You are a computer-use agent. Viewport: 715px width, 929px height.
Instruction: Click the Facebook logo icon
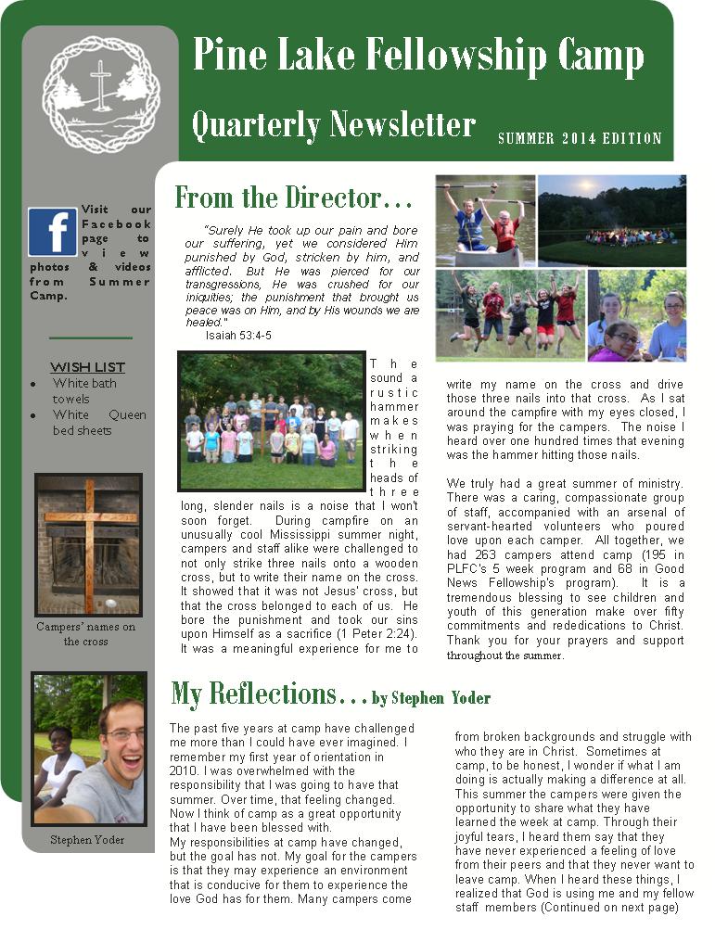[x=52, y=232]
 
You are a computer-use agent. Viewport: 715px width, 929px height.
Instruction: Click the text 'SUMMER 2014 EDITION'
[x=580, y=139]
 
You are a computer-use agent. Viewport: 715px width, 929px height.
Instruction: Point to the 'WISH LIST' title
[x=87, y=367]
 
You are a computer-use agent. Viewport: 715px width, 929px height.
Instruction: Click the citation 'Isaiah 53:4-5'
[x=227, y=335]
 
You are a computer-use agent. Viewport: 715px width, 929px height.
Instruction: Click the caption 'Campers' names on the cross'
[x=85, y=634]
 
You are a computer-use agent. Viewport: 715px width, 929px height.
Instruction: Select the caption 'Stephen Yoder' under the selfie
[x=88, y=840]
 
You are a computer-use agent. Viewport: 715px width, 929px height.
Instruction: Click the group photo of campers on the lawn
[x=271, y=421]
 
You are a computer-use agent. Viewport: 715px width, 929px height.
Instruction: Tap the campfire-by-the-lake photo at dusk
[x=612, y=221]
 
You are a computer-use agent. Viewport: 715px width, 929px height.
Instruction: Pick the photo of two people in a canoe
[x=485, y=221]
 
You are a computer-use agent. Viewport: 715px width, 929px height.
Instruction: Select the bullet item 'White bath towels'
[x=84, y=390]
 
